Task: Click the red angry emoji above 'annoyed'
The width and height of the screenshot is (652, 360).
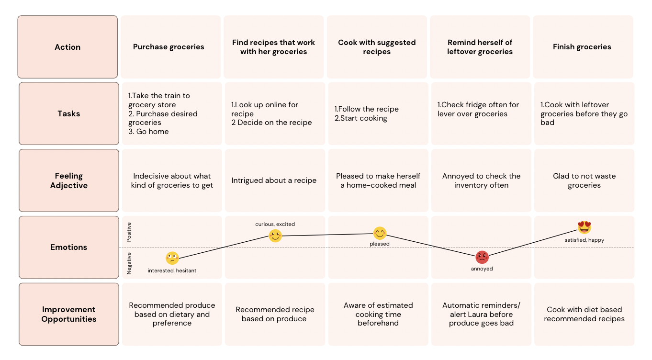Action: point(482,258)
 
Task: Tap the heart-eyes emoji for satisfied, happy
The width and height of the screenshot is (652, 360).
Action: point(585,227)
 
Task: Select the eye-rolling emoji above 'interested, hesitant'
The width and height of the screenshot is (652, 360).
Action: point(172,258)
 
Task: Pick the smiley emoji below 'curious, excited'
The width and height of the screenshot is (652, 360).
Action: point(275,236)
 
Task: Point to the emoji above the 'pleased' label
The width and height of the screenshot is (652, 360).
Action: point(380,233)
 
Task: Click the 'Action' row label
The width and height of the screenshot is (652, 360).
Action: point(67,47)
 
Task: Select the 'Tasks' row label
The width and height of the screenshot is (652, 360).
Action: point(69,113)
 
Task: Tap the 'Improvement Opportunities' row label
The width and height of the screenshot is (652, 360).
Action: point(69,314)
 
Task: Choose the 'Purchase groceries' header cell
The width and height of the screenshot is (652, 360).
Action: point(169,47)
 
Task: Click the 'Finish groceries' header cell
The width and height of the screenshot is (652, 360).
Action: point(582,47)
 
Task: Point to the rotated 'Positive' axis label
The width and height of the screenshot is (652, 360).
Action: point(129,232)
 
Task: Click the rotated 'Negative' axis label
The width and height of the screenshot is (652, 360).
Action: point(129,263)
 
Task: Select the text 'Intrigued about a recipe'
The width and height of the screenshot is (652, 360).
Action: point(274,180)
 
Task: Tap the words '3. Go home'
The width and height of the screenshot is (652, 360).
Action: point(148,132)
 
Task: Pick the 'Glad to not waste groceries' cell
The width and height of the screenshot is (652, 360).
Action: point(584,180)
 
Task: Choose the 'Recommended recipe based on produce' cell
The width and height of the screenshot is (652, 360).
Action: point(275,314)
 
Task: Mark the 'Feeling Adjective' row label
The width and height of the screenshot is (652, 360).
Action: point(69,180)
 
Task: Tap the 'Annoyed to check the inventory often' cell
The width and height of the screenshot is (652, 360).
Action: point(481,180)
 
